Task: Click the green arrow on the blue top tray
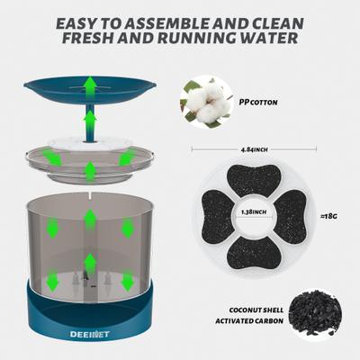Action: pyautogui.click(x=90, y=86)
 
